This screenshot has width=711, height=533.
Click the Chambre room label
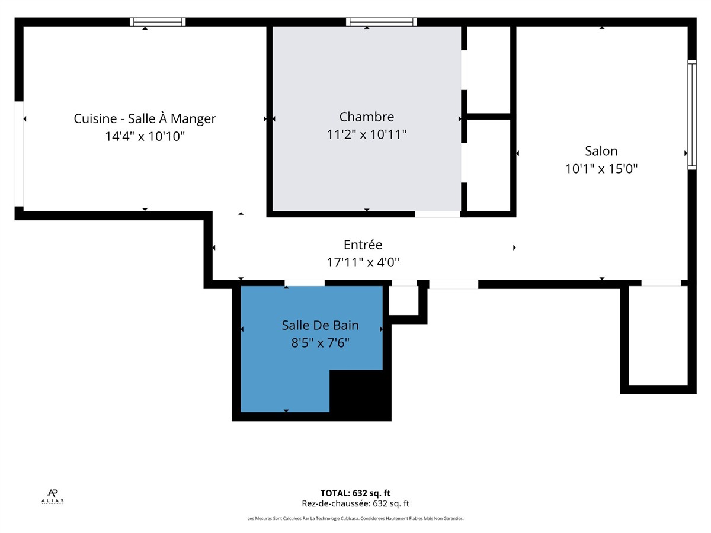tap(366, 117)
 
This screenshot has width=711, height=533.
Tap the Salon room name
tap(601, 151)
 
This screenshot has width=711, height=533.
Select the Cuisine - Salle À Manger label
tap(145, 118)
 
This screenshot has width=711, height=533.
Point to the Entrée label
tap(363, 245)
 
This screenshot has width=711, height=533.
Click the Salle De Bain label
tap(320, 325)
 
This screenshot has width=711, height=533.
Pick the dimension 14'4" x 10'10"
tap(145, 136)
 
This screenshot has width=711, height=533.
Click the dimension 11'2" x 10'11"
tap(366, 134)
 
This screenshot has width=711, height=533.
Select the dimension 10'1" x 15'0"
tap(601, 169)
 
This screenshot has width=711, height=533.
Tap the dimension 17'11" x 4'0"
tap(363, 262)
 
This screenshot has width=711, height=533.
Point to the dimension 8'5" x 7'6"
tap(320, 343)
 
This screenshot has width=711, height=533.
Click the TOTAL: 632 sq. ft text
tap(355, 493)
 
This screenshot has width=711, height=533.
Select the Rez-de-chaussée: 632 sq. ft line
tap(355, 503)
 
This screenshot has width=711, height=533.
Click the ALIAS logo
tap(53, 497)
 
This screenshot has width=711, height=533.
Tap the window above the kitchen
tap(158, 22)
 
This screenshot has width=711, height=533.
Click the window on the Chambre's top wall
tap(381, 22)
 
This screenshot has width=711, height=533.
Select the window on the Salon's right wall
tap(692, 114)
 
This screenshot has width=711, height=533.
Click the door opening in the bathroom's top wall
tap(305, 283)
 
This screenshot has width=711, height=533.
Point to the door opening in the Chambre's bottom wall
tap(437, 214)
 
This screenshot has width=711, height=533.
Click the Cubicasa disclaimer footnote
tap(355, 518)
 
